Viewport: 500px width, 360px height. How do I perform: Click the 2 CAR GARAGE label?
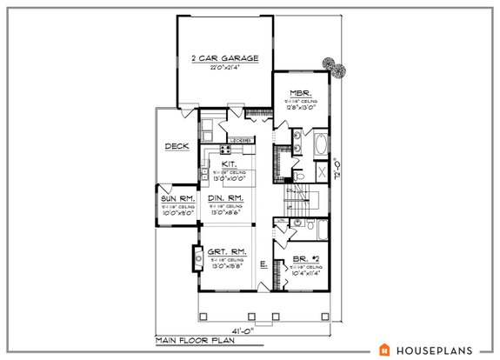coord(225,58)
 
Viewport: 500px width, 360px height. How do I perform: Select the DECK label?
coord(177,146)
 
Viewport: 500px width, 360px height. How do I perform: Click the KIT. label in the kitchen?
coord(230,163)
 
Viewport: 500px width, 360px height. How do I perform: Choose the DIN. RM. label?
coord(225,198)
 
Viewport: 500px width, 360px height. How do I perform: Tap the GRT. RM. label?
coord(224,250)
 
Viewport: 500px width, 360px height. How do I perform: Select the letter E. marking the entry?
coord(262,263)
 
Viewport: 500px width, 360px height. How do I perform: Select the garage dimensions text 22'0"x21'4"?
coord(225,68)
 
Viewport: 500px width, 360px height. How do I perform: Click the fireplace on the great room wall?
coord(197,257)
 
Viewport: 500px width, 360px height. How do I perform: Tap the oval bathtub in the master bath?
coord(319,144)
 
